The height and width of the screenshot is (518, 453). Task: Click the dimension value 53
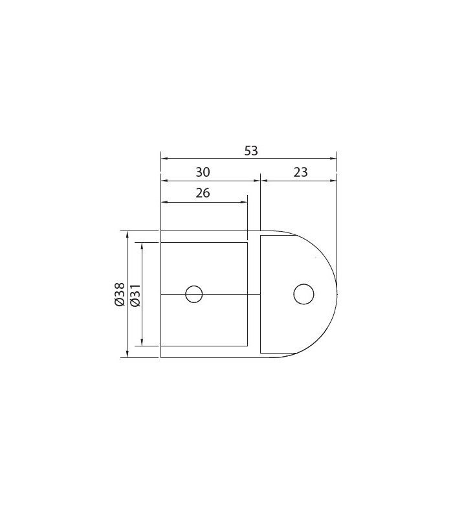[x=251, y=151]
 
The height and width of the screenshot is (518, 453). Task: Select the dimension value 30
[x=203, y=172]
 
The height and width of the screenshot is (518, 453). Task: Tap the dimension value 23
[x=300, y=172]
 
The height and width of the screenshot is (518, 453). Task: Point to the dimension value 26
[x=203, y=192]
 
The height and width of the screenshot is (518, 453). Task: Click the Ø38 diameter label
[x=120, y=295]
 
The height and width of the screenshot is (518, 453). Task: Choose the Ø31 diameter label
[x=135, y=295]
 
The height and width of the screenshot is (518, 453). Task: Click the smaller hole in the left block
[x=193, y=294]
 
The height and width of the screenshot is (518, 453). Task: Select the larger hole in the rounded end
[x=304, y=294]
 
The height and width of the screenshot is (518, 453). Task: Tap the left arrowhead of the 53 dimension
[x=164, y=159]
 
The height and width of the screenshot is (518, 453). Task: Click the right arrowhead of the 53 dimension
[x=333, y=159]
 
